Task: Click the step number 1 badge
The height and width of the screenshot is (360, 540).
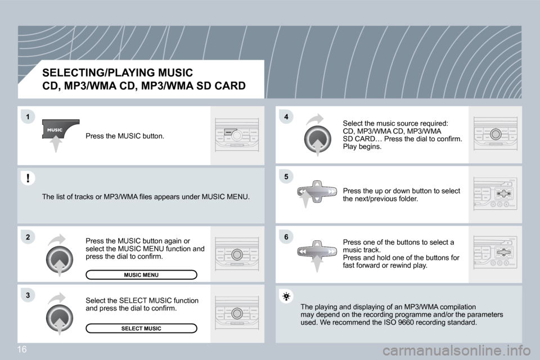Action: [x=27, y=116]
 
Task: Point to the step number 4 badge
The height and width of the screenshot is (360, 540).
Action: [x=286, y=116]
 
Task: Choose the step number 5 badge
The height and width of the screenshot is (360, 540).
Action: [x=286, y=177]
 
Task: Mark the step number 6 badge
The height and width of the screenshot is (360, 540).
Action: [x=286, y=237]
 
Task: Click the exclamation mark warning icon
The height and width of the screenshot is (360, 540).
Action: [x=27, y=178]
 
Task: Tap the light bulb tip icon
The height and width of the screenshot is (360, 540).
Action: [x=286, y=296]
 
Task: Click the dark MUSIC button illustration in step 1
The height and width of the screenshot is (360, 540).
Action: [x=60, y=130]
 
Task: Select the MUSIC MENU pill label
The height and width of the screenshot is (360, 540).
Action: [x=141, y=275]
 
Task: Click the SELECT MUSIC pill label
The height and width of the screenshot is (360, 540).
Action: [x=141, y=328]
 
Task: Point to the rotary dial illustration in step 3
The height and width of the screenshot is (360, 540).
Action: [x=60, y=318]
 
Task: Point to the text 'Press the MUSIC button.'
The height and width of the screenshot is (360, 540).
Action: [x=125, y=136]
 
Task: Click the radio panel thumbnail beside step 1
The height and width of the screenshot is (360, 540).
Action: [x=237, y=136]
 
